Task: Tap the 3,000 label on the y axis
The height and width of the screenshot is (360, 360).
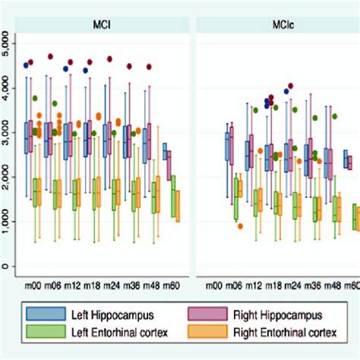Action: tap(8, 133)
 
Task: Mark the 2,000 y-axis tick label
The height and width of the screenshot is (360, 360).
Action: tap(8, 178)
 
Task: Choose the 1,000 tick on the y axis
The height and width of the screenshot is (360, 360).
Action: tap(8, 222)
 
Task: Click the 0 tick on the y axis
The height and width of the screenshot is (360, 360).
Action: tap(8, 267)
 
